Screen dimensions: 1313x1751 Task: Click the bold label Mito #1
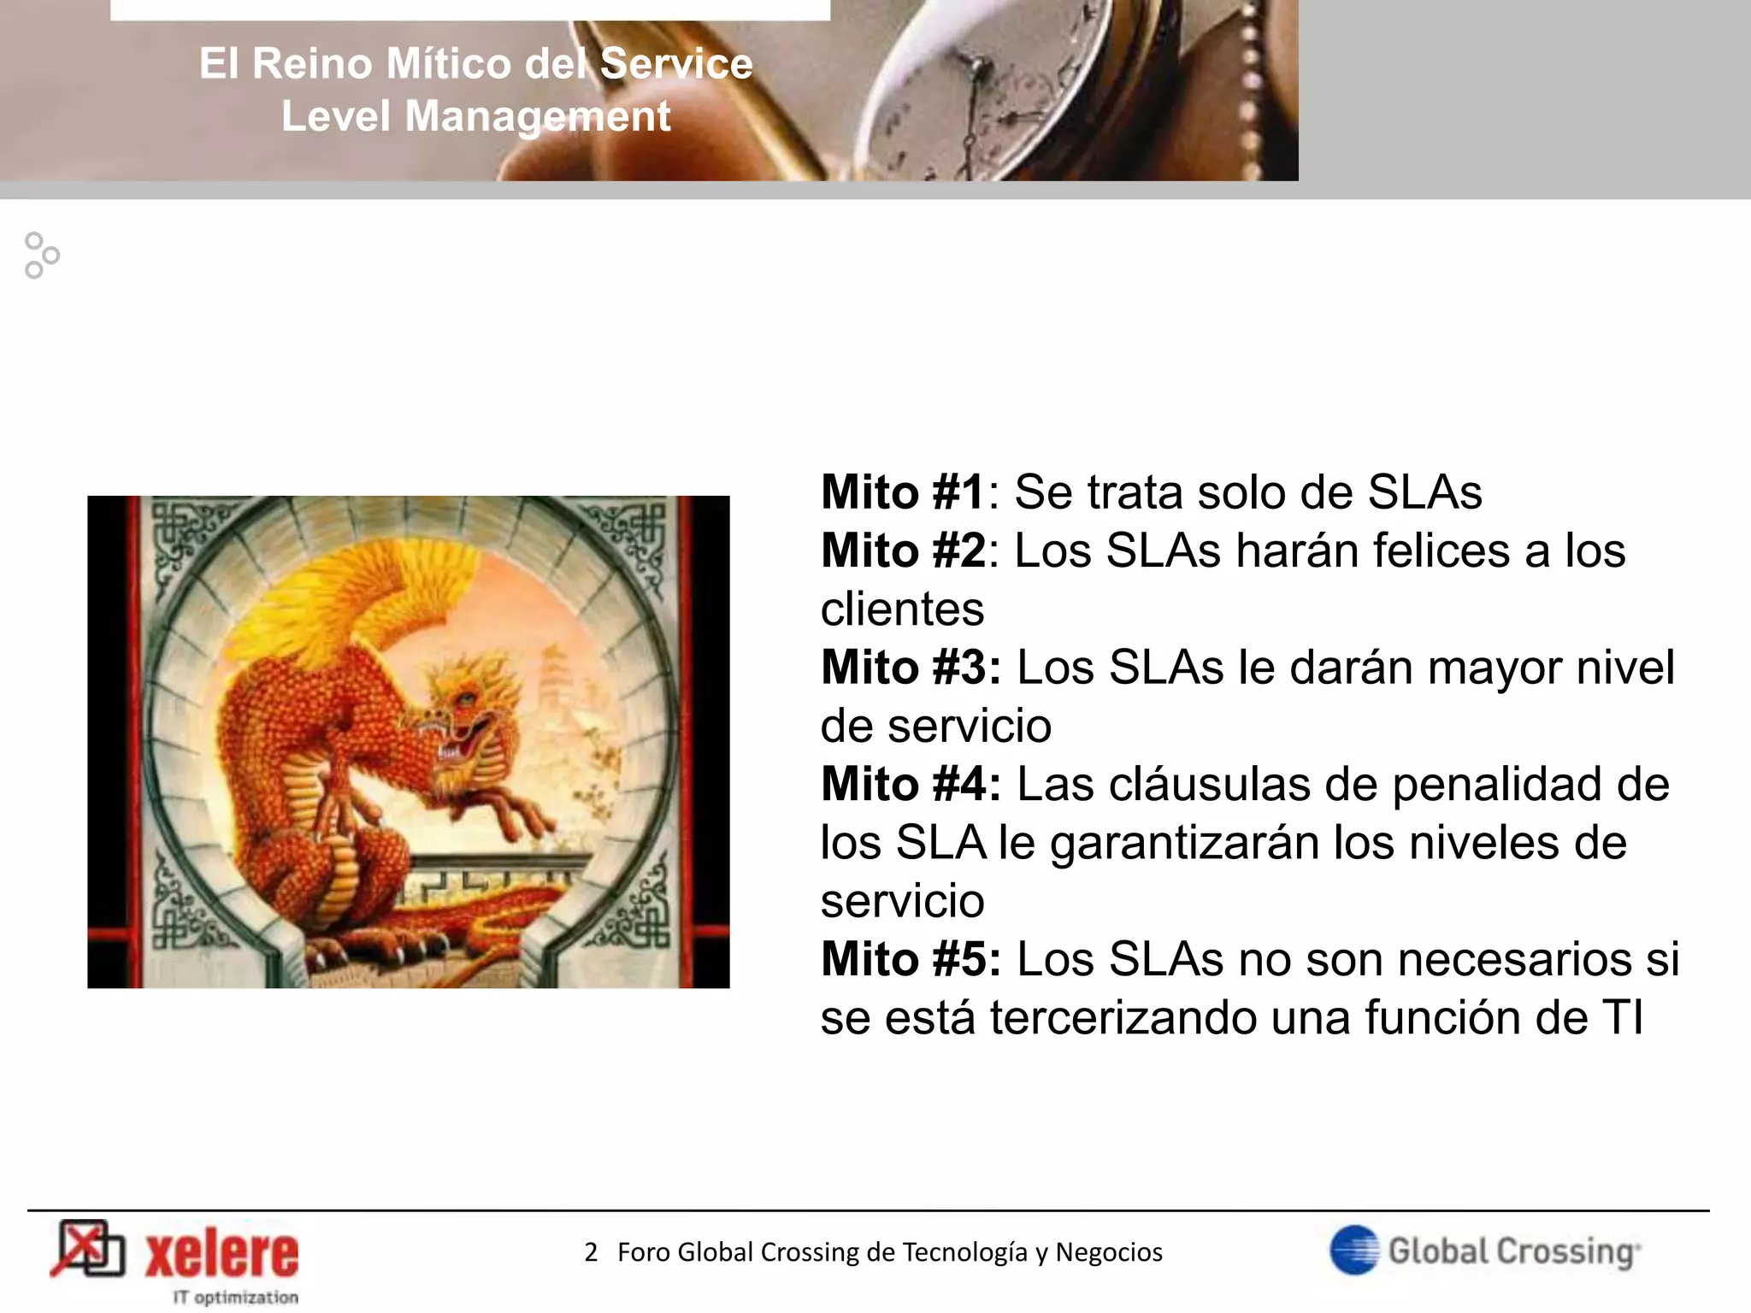pos(903,493)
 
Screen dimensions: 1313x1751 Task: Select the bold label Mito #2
pos(903,551)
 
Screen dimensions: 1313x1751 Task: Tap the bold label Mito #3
pos(910,668)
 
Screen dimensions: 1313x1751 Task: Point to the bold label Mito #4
pos(910,785)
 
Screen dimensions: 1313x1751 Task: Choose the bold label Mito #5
pos(910,960)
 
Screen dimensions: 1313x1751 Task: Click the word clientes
pos(902,609)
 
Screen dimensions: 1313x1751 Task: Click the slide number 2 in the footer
pos(591,1252)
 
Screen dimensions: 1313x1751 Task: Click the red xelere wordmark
pos(222,1255)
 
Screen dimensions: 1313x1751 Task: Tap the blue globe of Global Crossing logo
pos(1354,1251)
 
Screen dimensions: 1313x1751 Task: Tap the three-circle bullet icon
pos(41,256)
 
